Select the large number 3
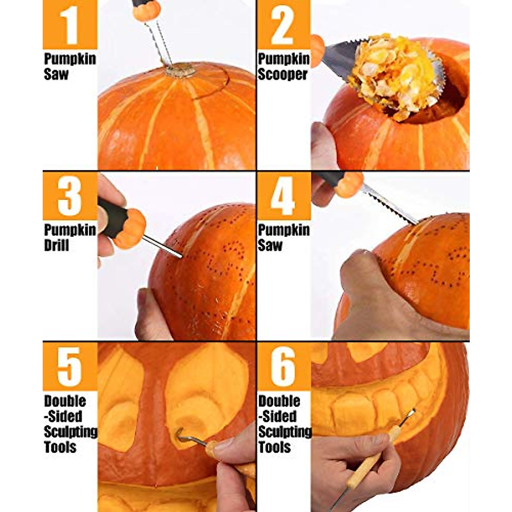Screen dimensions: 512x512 (x=70, y=197)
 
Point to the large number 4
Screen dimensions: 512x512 (x=283, y=197)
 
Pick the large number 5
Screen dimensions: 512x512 (x=69, y=367)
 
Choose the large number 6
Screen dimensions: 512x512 (x=283, y=367)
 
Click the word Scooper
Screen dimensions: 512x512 (x=282, y=74)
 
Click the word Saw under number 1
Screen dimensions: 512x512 (x=55, y=74)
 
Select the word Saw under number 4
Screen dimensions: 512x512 (x=270, y=245)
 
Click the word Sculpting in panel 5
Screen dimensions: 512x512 (x=70, y=432)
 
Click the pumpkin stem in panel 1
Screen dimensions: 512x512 (x=180, y=70)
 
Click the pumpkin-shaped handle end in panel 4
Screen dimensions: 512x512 (x=348, y=184)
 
